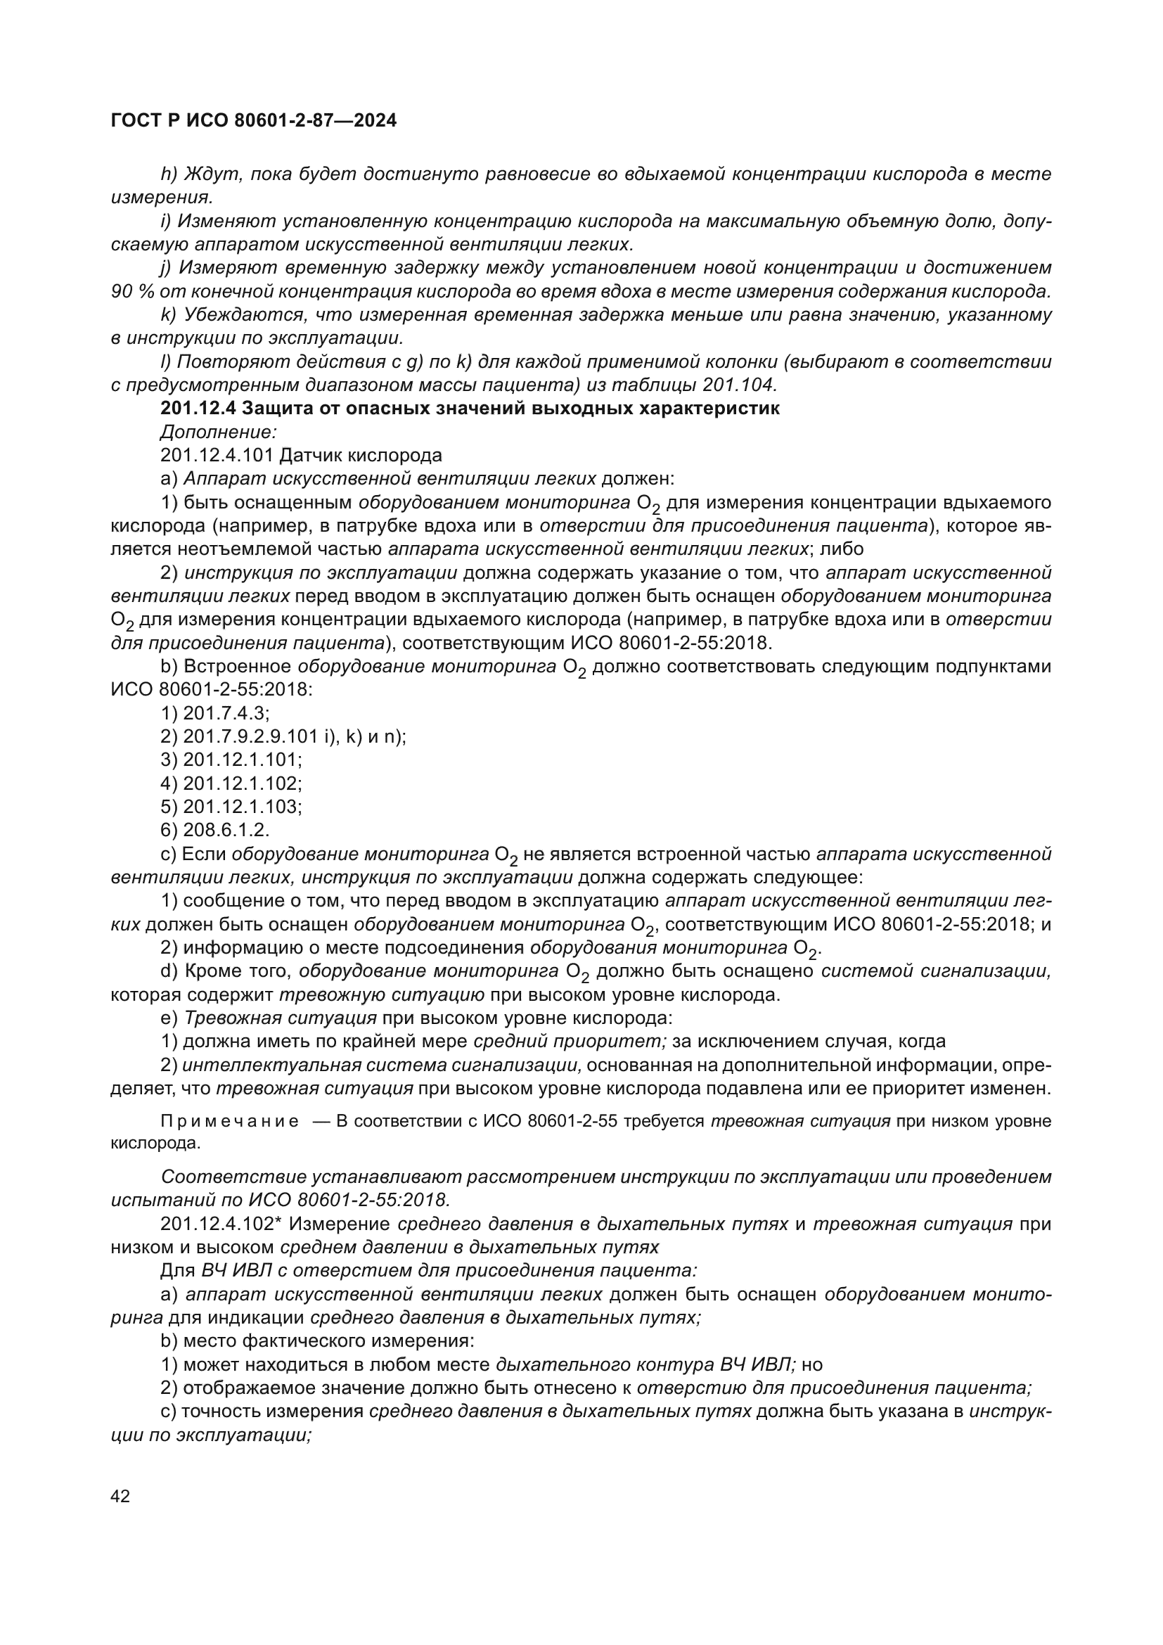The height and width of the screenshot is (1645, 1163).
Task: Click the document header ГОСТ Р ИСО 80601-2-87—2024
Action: pos(254,121)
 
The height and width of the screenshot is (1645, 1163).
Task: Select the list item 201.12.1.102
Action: pos(243,783)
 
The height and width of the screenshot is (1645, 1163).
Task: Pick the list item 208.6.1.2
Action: pos(226,830)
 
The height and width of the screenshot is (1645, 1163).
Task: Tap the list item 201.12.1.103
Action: pos(243,807)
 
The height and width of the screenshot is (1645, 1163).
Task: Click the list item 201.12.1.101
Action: pos(243,760)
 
